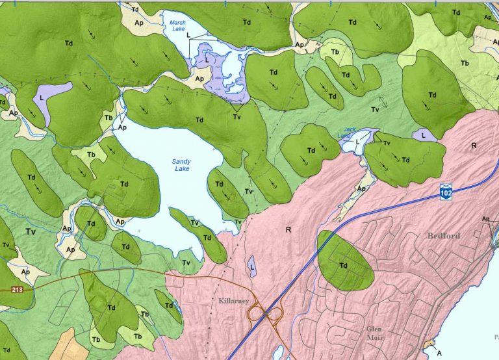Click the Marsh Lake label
click(178, 25)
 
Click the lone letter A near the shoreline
click(440, 352)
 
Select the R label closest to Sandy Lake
click(288, 229)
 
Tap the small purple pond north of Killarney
click(251, 266)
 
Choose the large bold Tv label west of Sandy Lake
click(30, 231)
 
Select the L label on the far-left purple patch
click(42, 96)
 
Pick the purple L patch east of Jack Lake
click(423, 135)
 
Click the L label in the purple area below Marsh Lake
click(207, 59)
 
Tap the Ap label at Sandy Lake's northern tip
click(122, 128)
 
